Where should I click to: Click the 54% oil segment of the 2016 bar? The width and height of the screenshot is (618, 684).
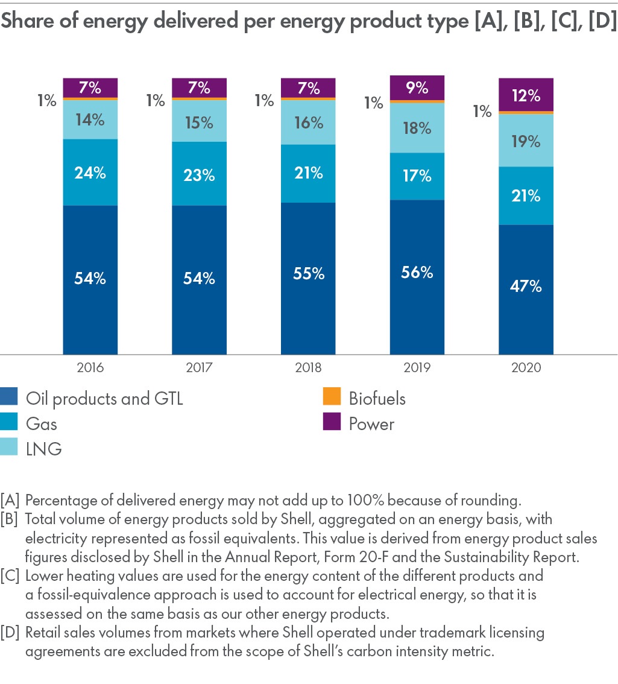(x=90, y=279)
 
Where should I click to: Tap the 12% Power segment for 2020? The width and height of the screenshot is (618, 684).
(x=526, y=95)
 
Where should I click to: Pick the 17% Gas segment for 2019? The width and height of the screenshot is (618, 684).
(x=417, y=176)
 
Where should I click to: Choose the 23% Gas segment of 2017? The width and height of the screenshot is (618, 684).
(x=199, y=175)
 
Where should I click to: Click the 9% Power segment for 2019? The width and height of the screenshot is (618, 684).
(x=417, y=87)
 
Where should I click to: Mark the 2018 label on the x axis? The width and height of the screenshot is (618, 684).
(x=308, y=368)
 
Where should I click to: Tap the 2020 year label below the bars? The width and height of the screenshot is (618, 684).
(x=526, y=368)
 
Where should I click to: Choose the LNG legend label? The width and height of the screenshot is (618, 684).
(x=43, y=449)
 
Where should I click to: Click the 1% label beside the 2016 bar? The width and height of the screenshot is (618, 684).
(x=46, y=101)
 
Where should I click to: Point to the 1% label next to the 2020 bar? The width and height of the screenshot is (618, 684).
(x=483, y=111)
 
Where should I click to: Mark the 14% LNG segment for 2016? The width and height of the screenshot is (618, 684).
(x=90, y=119)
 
